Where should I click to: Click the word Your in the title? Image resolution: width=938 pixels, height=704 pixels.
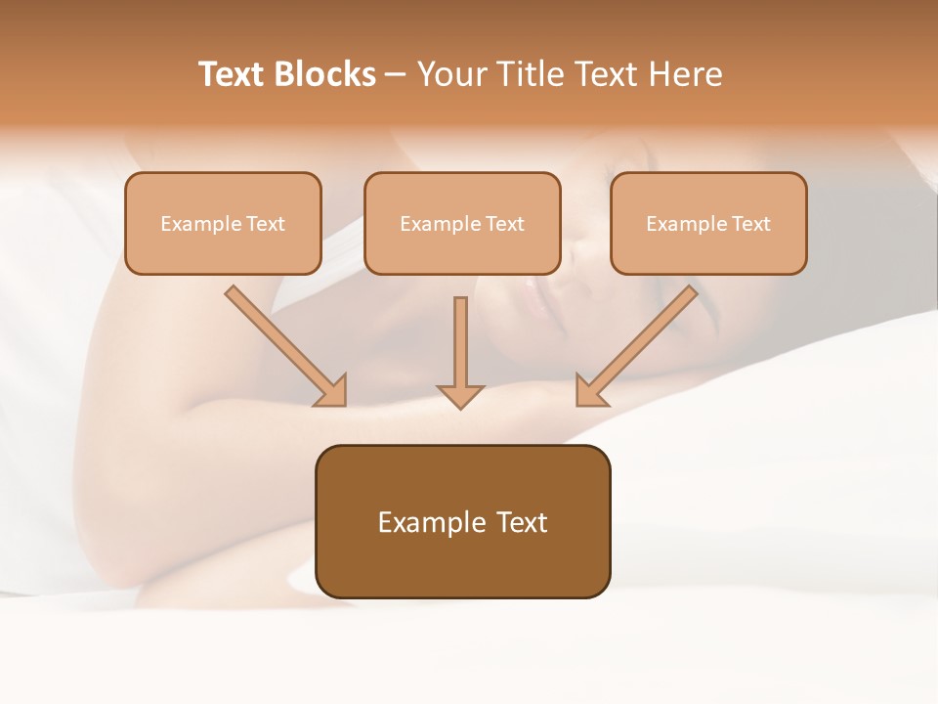[x=451, y=74]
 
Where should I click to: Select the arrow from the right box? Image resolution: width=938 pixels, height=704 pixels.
[x=640, y=342]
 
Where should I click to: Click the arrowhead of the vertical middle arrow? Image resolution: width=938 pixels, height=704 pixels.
[x=460, y=395]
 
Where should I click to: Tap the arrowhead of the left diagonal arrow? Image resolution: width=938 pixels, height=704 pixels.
[x=332, y=390]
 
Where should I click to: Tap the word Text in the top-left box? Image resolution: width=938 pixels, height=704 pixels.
[x=266, y=224]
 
